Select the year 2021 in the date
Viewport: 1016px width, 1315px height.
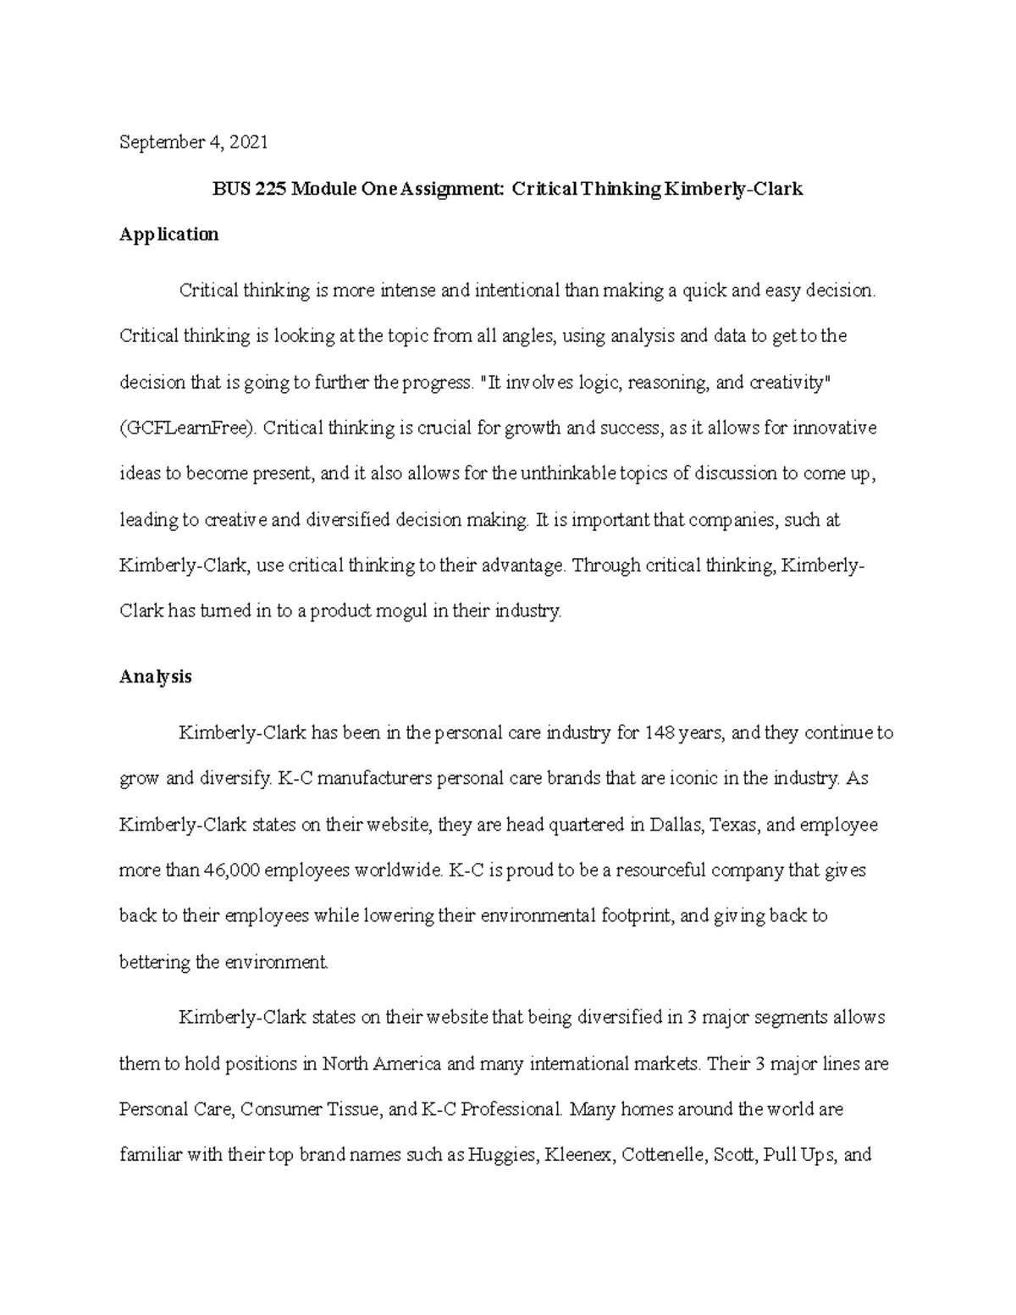(x=250, y=142)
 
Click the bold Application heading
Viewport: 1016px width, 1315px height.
(x=169, y=235)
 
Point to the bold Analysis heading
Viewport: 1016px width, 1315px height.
(x=156, y=677)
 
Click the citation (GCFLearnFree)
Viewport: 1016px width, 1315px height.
(x=188, y=428)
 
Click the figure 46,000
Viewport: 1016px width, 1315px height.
(x=236, y=870)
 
